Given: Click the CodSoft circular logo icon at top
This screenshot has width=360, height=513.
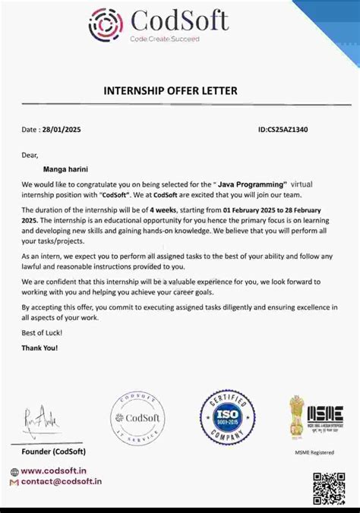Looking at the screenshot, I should point(106,25).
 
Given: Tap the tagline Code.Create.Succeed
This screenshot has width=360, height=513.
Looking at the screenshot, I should point(163,38).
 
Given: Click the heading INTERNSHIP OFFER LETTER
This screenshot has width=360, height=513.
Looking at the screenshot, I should point(170,91).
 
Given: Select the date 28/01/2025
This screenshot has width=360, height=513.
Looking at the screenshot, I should point(62,129).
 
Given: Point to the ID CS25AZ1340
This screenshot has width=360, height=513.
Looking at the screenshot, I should point(283,129).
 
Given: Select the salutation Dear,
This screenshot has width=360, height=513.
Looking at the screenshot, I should point(30,155).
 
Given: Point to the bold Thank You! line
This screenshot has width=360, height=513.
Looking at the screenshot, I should point(39,348).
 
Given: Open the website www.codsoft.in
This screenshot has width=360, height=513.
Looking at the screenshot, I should point(53,471).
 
